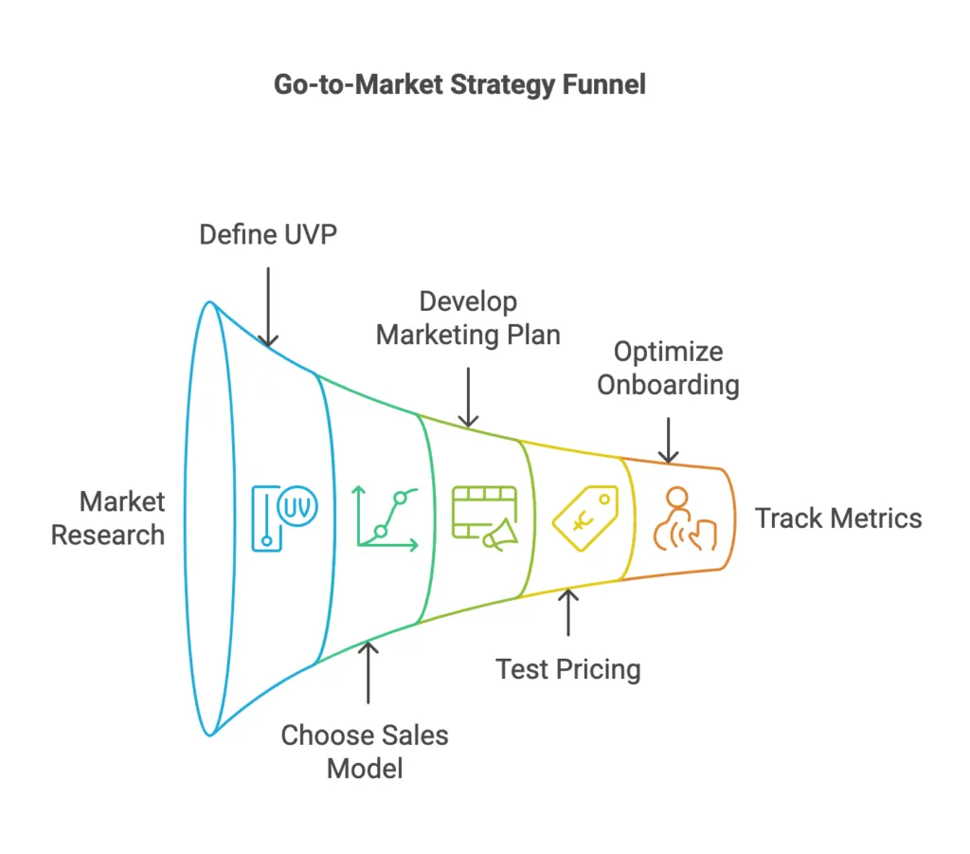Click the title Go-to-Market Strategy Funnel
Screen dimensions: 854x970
tap(459, 84)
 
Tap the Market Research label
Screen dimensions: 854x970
tap(108, 518)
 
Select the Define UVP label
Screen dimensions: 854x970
tap(269, 234)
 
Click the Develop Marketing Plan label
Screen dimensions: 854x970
tap(468, 318)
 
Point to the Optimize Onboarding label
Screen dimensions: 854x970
tap(668, 368)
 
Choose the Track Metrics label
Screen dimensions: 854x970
tap(837, 518)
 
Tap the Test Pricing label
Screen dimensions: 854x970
tap(568, 669)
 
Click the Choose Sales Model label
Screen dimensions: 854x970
tap(365, 751)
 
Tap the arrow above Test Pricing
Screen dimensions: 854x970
tap(568, 612)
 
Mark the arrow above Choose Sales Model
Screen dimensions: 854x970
tap(368, 672)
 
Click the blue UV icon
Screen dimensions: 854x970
tap(284, 517)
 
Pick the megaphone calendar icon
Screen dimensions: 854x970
tap(485, 518)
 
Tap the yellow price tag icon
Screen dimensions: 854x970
tap(584, 518)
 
